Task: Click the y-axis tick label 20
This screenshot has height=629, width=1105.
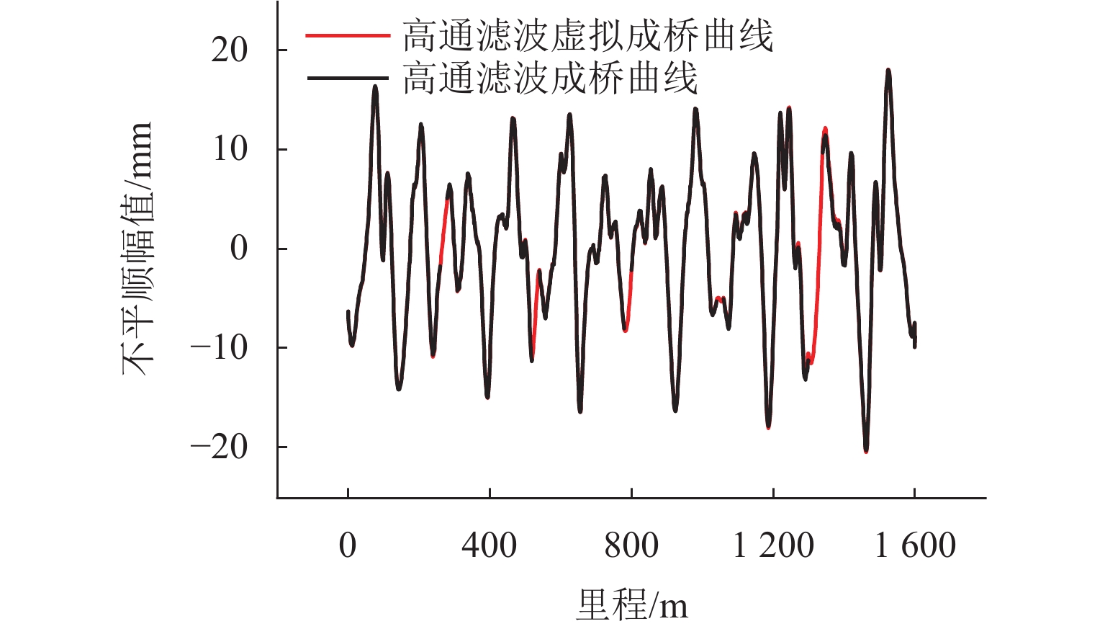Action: (x=229, y=50)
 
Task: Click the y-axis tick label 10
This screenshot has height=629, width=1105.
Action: (x=229, y=149)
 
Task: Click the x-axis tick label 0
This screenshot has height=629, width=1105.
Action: (x=348, y=545)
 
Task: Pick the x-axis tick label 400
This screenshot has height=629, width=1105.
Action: (x=489, y=545)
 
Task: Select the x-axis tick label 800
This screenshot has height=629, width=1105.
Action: (x=631, y=545)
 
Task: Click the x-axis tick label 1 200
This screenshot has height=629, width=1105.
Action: (x=772, y=545)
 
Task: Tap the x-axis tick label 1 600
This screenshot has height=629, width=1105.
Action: (x=914, y=545)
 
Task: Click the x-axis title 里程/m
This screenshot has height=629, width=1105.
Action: (x=631, y=604)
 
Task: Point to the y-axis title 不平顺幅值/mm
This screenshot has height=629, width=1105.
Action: (x=137, y=249)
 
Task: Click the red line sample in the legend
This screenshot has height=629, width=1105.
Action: (x=347, y=35)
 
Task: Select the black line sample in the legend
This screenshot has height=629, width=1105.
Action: (x=347, y=77)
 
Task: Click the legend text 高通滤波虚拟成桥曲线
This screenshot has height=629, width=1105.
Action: (x=587, y=35)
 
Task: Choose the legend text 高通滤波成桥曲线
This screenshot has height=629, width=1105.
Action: (x=550, y=77)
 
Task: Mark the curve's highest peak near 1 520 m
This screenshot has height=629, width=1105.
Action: (x=888, y=71)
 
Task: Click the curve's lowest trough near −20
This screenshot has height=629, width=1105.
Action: (x=866, y=451)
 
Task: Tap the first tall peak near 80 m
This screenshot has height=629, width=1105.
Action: (x=375, y=86)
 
